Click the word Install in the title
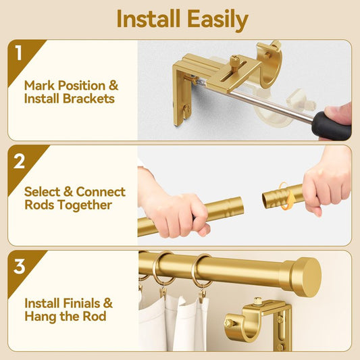pyautogui.click(x=148, y=19)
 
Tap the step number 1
pyautogui.click(x=18, y=53)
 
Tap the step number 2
pyautogui.click(x=19, y=161)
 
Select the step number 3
pyautogui.click(x=19, y=266)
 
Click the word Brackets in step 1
pyautogui.click(x=88, y=99)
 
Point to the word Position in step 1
pyautogui.click(x=82, y=86)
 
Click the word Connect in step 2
pyautogui.click(x=101, y=192)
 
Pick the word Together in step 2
pyautogui.click(x=84, y=205)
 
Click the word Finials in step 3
pyautogui.click(x=82, y=303)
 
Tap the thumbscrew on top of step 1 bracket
pyautogui.click(x=235, y=61)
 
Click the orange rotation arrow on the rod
pyautogui.click(x=286, y=197)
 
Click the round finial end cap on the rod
pyautogui.click(x=306, y=277)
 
